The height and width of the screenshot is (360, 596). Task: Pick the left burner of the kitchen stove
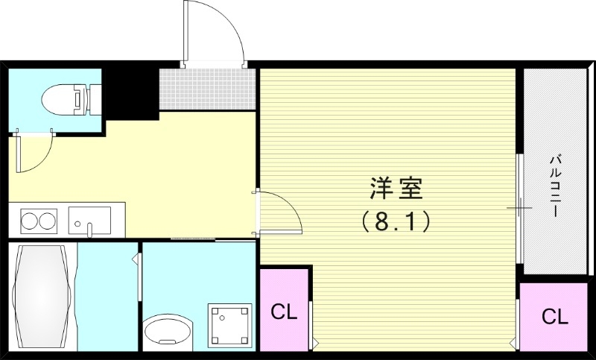point(30,221)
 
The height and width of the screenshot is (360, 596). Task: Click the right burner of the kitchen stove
point(48,221)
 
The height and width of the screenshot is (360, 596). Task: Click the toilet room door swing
point(36,152)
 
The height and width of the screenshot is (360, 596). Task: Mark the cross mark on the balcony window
point(520,208)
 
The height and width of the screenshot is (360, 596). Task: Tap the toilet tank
point(94,99)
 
